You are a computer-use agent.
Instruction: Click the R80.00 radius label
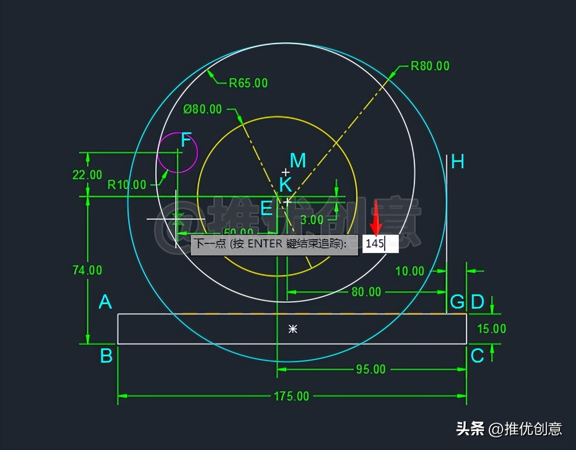(430, 66)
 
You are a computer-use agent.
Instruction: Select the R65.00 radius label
(248, 83)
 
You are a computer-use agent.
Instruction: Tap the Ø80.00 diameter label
(202, 109)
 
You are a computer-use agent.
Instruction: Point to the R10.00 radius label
(126, 185)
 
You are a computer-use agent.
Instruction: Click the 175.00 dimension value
(292, 396)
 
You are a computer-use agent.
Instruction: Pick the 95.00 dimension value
(371, 369)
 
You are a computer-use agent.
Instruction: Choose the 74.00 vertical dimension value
(87, 270)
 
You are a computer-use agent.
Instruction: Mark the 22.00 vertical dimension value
(87, 175)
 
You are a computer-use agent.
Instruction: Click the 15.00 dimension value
(491, 329)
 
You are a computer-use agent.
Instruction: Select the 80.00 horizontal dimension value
(366, 292)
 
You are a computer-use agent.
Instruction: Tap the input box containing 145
(380, 244)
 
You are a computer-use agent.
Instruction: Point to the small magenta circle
(178, 153)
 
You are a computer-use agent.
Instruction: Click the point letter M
(297, 161)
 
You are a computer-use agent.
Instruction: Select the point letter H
(457, 162)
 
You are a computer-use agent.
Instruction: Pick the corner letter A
(105, 302)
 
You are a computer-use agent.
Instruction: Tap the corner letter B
(106, 356)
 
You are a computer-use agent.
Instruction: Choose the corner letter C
(477, 356)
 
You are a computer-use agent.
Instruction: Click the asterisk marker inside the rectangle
(293, 329)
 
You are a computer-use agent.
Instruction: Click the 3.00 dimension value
(312, 220)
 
